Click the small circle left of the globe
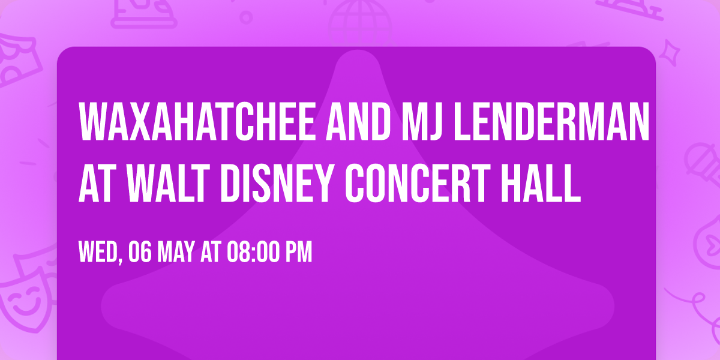(x=246, y=16)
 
